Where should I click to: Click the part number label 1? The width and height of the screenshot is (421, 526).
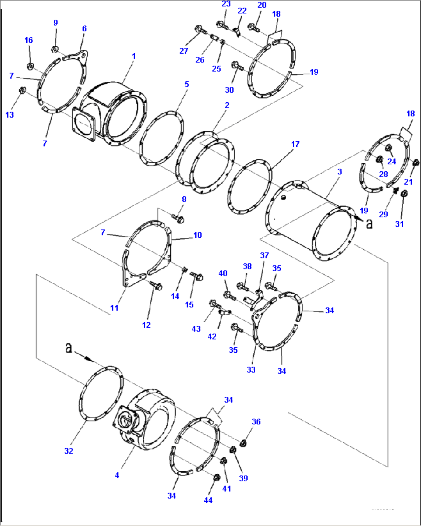click(134, 56)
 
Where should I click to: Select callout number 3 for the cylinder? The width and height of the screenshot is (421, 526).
click(340, 172)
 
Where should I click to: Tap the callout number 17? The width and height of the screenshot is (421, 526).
click(295, 144)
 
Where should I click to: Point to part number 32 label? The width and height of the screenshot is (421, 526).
click(69, 451)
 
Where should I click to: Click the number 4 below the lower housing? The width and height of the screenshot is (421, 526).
click(117, 475)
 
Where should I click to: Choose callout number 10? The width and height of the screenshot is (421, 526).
click(197, 235)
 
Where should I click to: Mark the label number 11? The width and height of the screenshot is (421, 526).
click(114, 308)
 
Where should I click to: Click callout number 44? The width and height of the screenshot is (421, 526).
click(208, 500)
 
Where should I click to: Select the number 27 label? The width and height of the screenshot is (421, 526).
click(184, 51)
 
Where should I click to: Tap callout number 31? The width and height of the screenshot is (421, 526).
click(399, 224)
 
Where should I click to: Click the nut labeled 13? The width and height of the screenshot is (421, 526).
click(22, 91)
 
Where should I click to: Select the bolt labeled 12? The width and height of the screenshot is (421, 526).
click(157, 286)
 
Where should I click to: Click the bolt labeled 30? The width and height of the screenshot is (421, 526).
click(236, 67)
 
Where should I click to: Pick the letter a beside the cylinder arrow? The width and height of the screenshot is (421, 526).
click(369, 223)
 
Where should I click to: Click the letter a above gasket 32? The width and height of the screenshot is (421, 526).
click(68, 348)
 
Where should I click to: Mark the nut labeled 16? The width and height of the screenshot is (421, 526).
click(30, 66)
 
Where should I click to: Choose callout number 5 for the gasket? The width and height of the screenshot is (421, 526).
click(187, 84)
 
